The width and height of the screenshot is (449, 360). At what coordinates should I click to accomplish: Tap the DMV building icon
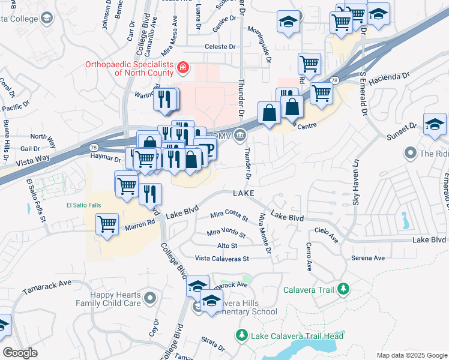click(x=240, y=136)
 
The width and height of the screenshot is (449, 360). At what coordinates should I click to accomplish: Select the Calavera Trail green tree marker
click(x=343, y=290)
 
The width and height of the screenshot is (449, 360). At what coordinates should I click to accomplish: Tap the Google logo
click(x=20, y=353)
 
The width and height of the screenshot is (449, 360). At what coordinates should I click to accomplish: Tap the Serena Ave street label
click(x=368, y=258)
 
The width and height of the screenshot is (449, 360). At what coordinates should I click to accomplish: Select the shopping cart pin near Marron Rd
click(x=107, y=225)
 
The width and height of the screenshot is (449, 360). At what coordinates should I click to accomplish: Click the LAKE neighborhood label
click(x=243, y=193)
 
